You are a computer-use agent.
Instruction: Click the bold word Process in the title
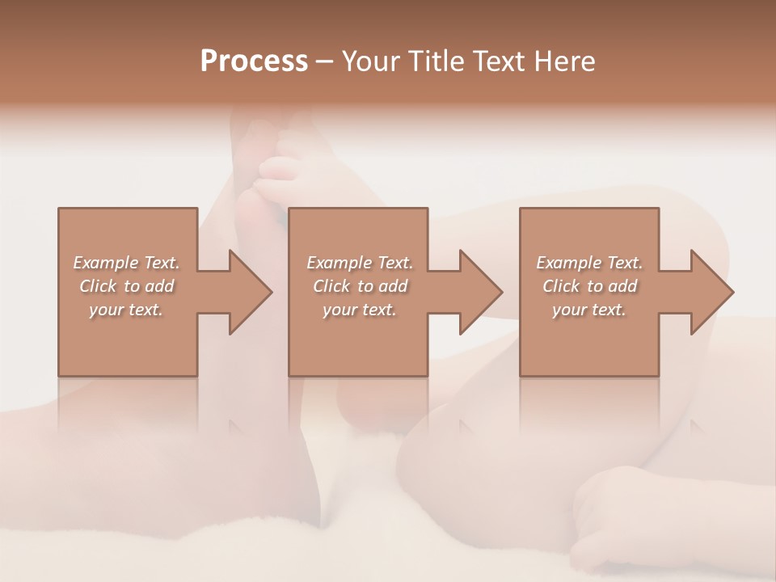point(254,61)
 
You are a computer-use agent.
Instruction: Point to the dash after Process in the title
point(325,61)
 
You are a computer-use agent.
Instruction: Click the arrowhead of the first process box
point(251,292)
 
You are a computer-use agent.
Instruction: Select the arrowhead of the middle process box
point(481,292)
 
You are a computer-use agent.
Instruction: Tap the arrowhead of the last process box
point(712,292)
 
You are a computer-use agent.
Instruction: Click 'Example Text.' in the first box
point(126,263)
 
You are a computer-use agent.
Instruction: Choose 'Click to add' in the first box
point(126,286)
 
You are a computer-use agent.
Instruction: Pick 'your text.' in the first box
point(126,310)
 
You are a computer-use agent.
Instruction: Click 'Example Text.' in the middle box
point(359,263)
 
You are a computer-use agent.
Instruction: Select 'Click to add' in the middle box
point(359,286)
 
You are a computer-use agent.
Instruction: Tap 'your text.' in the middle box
point(359,310)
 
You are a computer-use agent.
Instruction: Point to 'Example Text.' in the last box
point(589,263)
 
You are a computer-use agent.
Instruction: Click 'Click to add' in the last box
point(589,286)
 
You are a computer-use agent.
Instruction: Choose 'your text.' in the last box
point(589,310)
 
